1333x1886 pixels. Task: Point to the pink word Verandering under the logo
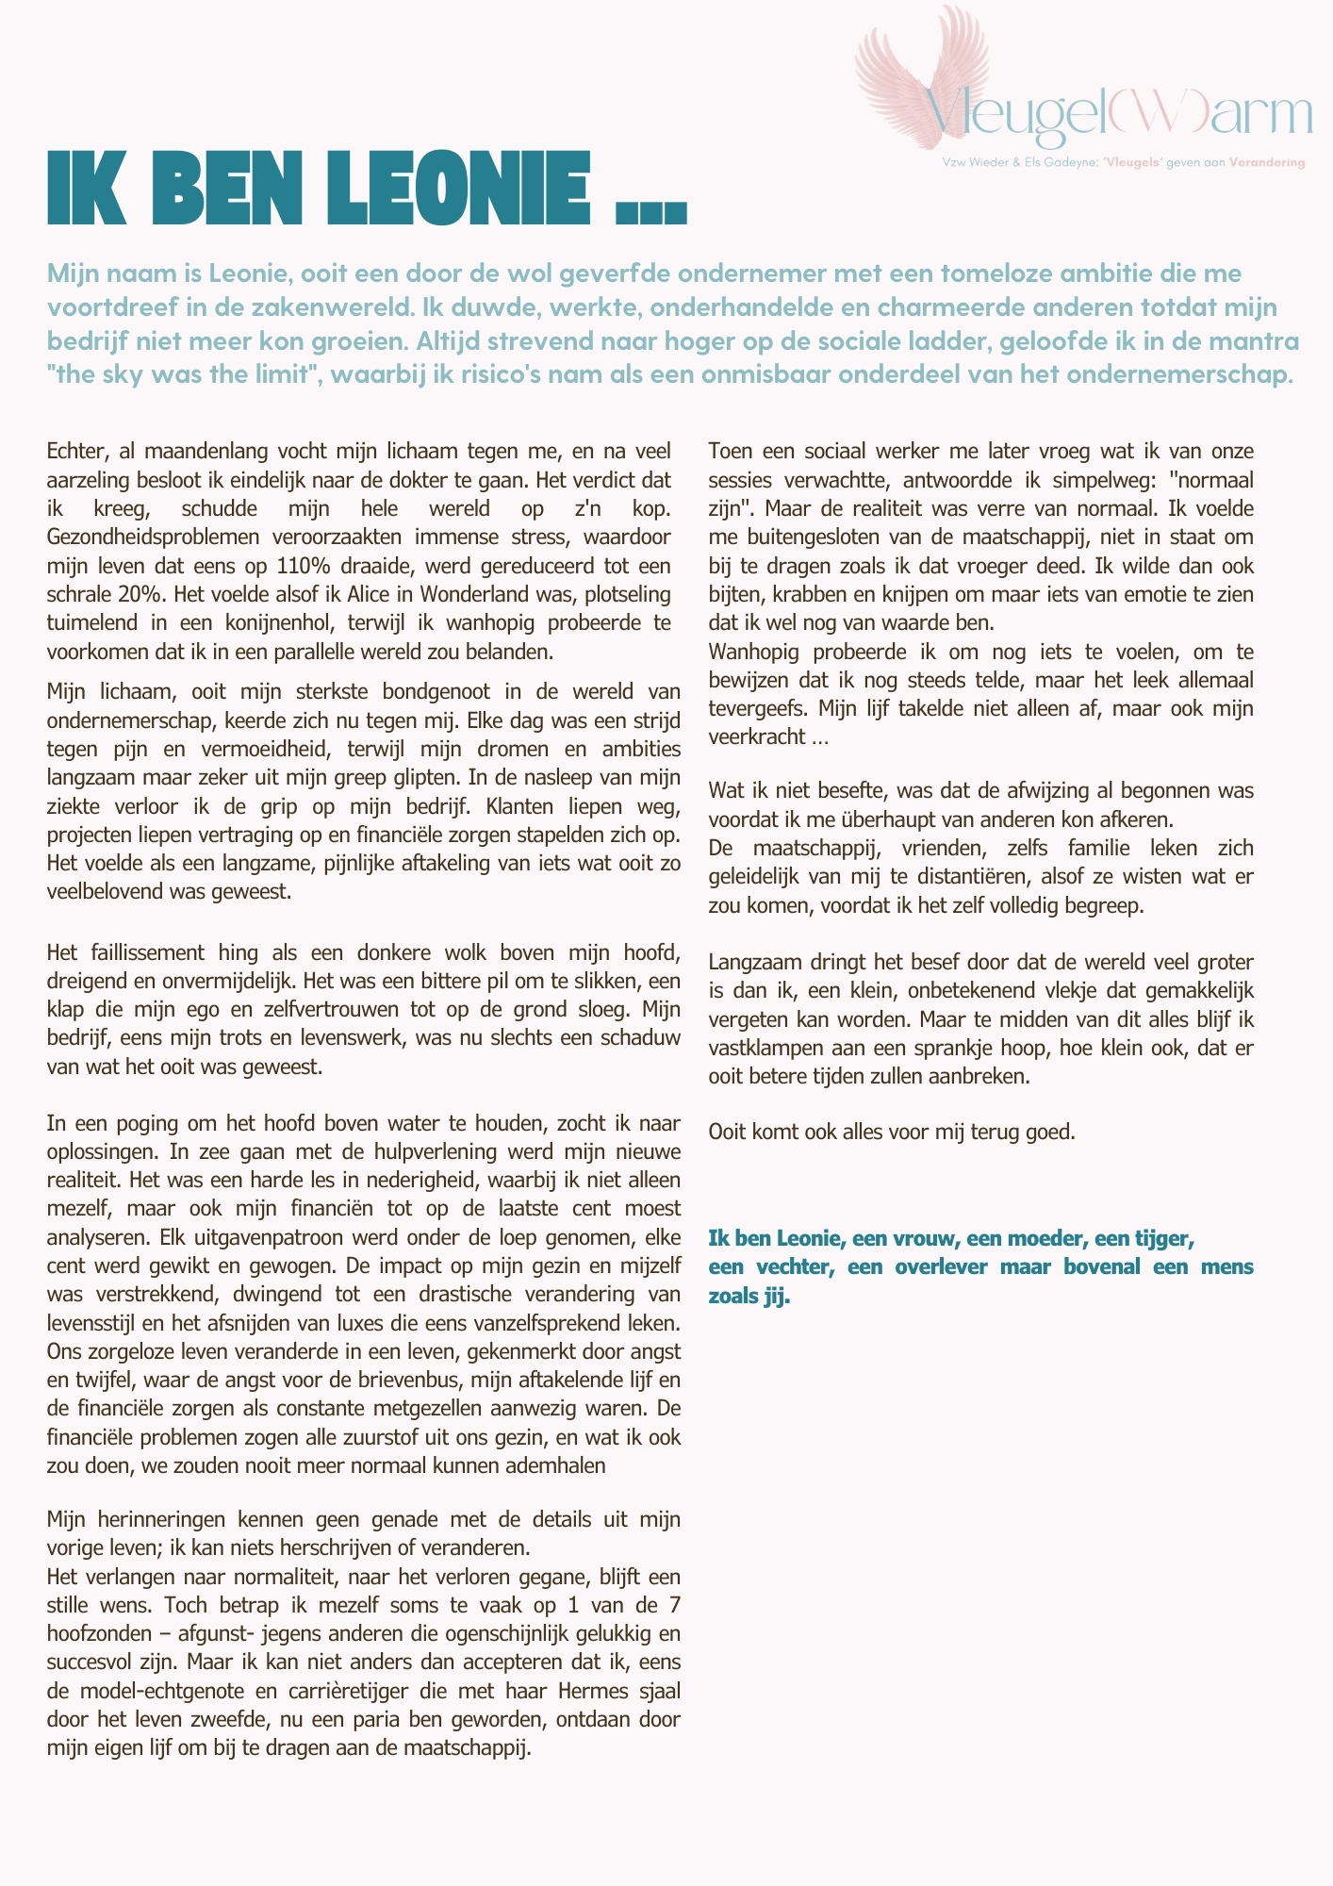tap(1267, 162)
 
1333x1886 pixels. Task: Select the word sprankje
tap(953, 1048)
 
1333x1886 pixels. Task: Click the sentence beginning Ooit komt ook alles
tap(891, 1131)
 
